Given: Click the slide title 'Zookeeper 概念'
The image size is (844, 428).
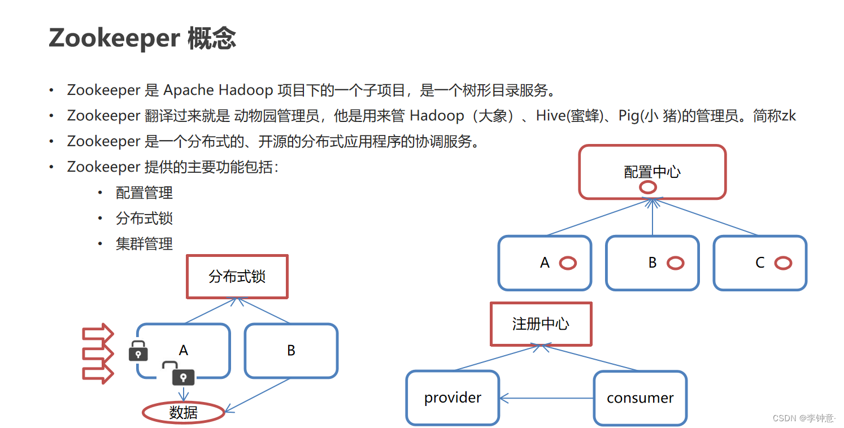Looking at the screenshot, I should [x=142, y=38].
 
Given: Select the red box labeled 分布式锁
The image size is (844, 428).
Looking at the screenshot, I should [x=237, y=277].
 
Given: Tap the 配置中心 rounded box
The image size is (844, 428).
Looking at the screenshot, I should [x=652, y=172].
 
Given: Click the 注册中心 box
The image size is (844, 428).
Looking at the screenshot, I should [x=541, y=324].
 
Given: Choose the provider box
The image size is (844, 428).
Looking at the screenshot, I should [x=453, y=398].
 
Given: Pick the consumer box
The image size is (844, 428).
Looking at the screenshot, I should [x=640, y=398].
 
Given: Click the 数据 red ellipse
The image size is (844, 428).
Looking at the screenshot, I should [x=183, y=413].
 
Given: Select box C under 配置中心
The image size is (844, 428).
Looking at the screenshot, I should [x=760, y=263].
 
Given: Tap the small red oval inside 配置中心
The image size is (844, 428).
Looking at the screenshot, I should [x=647, y=187].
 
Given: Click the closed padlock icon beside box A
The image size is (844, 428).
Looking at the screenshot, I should [x=138, y=351].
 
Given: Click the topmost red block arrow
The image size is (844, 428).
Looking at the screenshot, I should [x=98, y=334].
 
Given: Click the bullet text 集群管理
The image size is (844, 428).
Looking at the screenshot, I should [x=144, y=244].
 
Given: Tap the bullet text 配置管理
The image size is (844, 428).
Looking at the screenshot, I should [x=144, y=193].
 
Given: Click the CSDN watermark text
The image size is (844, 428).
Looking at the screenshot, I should [x=803, y=418].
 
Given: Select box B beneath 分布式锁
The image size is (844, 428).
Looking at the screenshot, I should [x=291, y=351].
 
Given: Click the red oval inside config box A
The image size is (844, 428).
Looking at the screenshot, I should [x=567, y=263].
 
